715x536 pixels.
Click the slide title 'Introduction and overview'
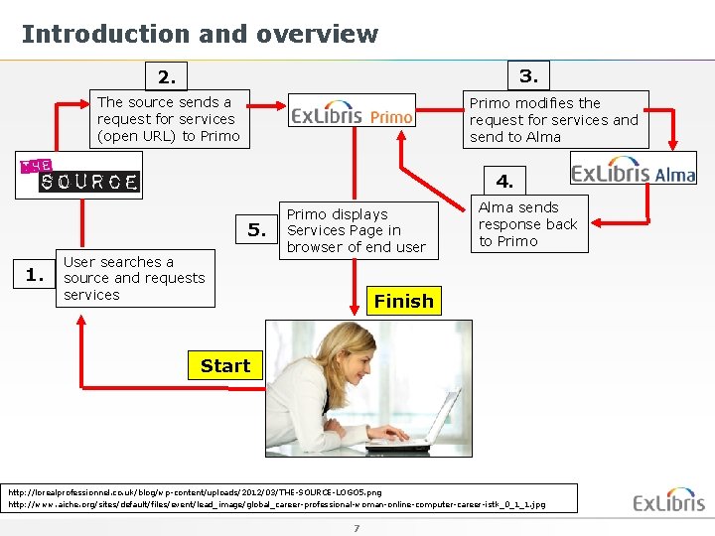pyautogui.click(x=200, y=34)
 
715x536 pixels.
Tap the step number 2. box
pyautogui.click(x=166, y=76)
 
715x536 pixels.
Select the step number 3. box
pyautogui.click(x=528, y=74)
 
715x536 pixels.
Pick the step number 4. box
pyautogui.click(x=505, y=181)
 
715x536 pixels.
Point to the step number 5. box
pyautogui.click(x=257, y=230)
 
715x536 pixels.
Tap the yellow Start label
pyautogui.click(x=225, y=365)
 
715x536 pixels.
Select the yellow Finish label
pyautogui.click(x=403, y=301)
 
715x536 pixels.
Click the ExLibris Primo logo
pyautogui.click(x=353, y=113)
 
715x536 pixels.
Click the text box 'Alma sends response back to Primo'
pyautogui.click(x=527, y=224)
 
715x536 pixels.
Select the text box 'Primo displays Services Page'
pyautogui.click(x=357, y=230)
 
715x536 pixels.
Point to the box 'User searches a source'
pyautogui.click(x=133, y=278)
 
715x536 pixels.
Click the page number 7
pyautogui.click(x=356, y=527)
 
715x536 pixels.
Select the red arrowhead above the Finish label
pyautogui.click(x=357, y=284)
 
